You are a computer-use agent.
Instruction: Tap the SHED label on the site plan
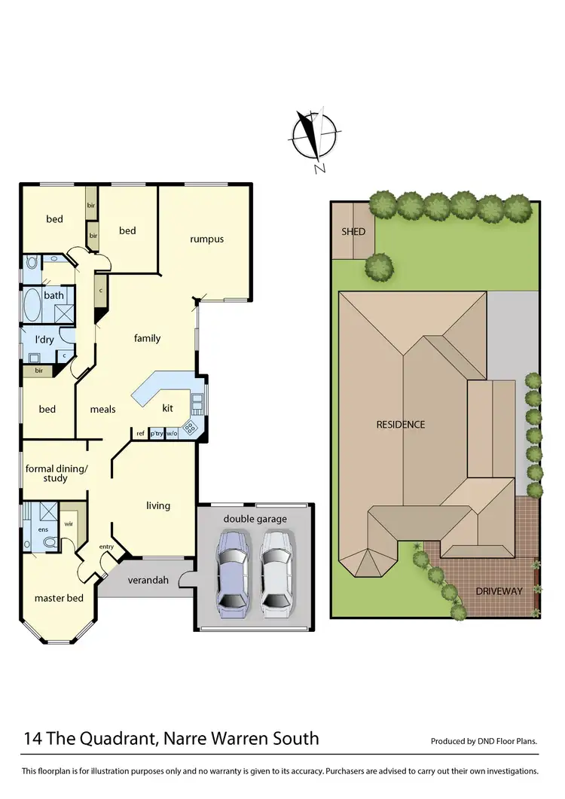click(x=353, y=231)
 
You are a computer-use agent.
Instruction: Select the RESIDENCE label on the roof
click(x=401, y=425)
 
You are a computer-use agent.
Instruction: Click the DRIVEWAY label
click(x=499, y=591)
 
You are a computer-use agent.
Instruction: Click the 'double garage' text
click(x=255, y=519)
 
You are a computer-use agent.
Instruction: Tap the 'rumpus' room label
click(x=206, y=239)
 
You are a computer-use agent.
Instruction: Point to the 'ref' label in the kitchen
click(x=140, y=433)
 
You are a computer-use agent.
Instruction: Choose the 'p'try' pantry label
click(x=157, y=433)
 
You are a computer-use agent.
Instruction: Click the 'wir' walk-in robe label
click(x=68, y=523)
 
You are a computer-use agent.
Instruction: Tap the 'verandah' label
click(x=147, y=580)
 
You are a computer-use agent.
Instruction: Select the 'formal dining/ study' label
click(x=56, y=473)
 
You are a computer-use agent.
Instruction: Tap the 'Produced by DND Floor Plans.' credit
click(x=484, y=741)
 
